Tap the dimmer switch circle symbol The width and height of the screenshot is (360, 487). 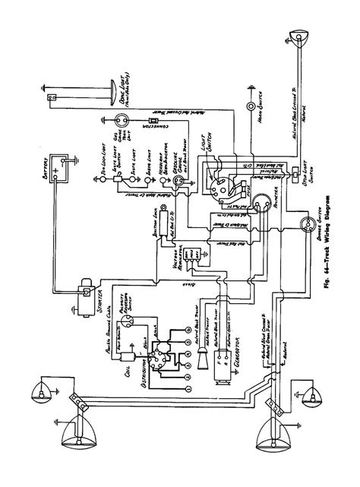(308, 223)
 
